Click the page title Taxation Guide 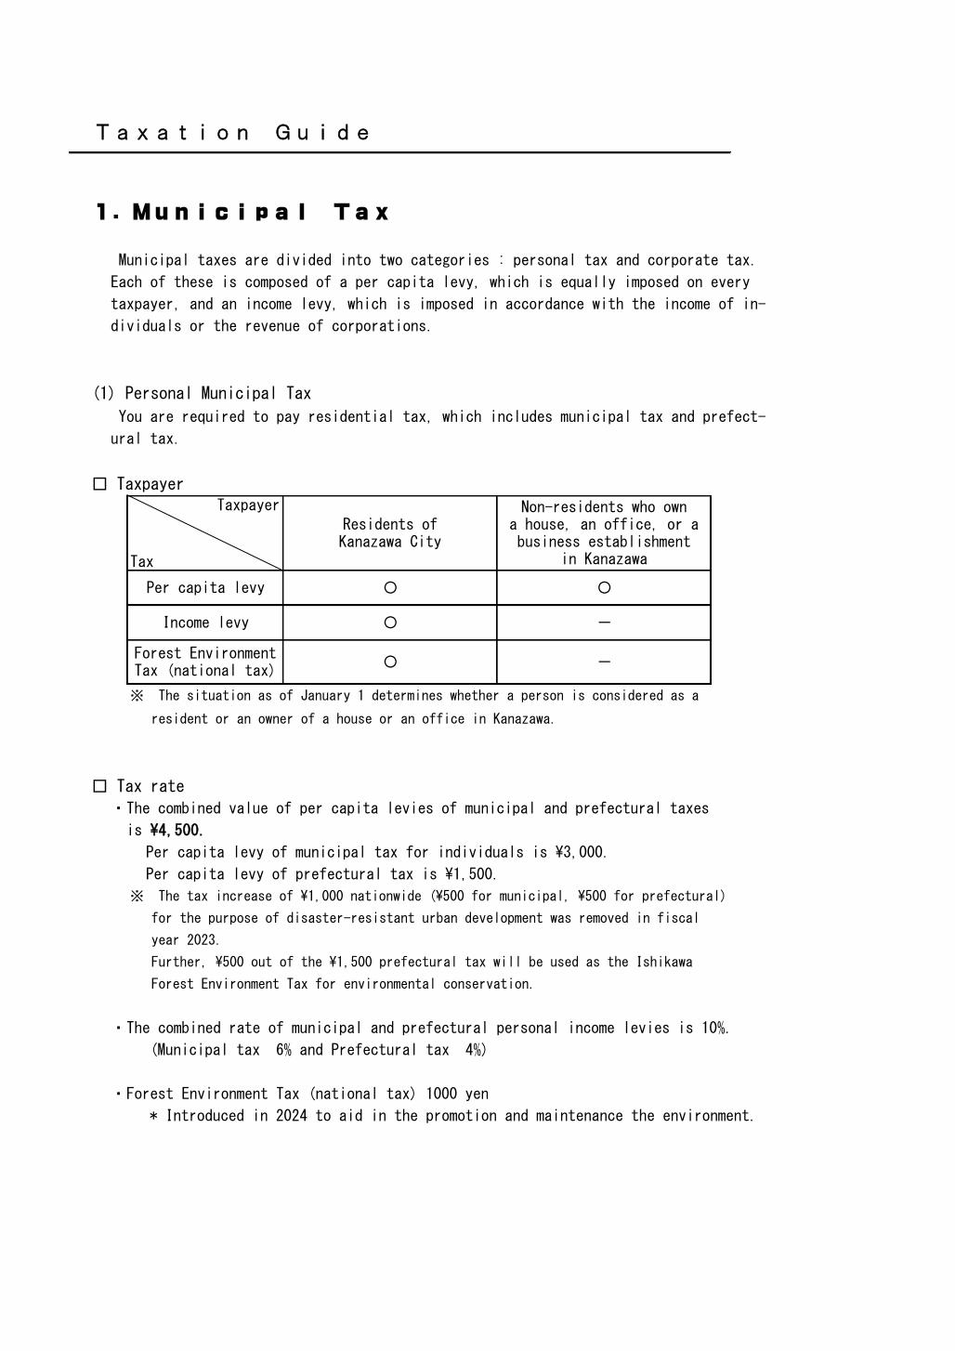233,133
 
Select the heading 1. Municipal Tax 242,213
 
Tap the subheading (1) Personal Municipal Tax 203,393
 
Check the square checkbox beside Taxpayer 100,484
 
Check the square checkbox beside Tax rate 100,786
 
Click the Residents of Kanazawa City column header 389,532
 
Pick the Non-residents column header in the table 603,532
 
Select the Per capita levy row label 204,587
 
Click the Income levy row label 204,623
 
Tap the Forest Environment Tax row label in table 204,662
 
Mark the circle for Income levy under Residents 390,623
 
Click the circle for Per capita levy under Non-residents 604,587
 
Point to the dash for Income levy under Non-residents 604,623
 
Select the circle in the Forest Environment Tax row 390,662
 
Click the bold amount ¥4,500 176,830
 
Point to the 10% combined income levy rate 714,1028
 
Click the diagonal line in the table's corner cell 204,532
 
